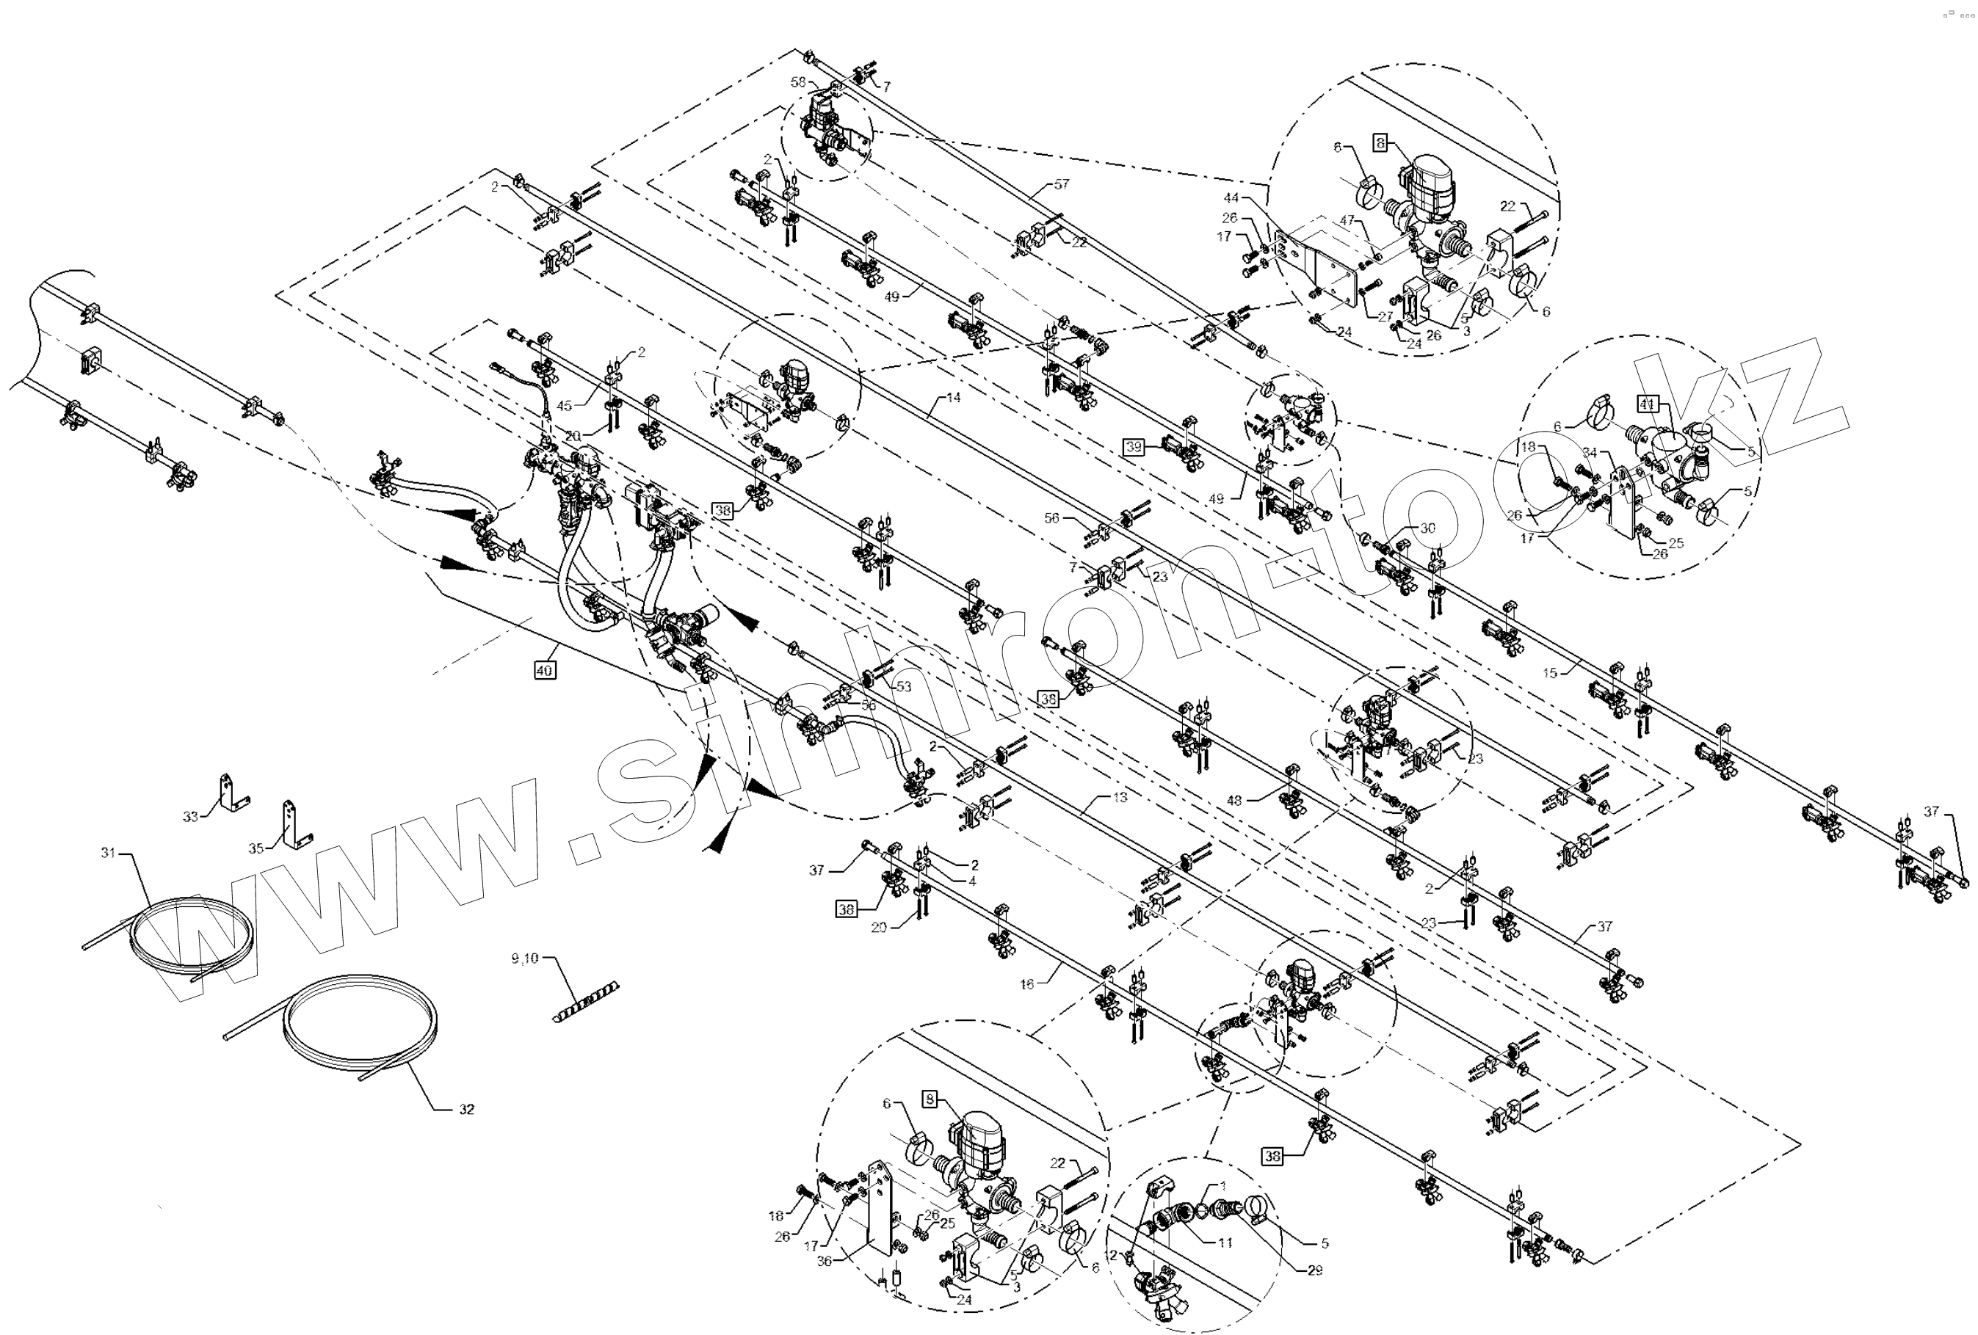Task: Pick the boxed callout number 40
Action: pyautogui.click(x=545, y=671)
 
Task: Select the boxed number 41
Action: pyautogui.click(x=1647, y=404)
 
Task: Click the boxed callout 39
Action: pyautogui.click(x=1133, y=448)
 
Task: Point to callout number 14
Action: pyautogui.click(x=953, y=397)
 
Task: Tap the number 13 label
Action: pyautogui.click(x=1120, y=797)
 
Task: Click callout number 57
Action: pyautogui.click(x=1062, y=183)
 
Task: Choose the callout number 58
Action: pyautogui.click(x=797, y=81)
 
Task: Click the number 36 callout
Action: pyautogui.click(x=824, y=1261)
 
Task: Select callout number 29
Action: pyautogui.click(x=1315, y=1270)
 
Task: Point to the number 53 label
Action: pyautogui.click(x=903, y=685)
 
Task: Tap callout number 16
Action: pyautogui.click(x=1027, y=983)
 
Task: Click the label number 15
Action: pyautogui.click(x=1550, y=673)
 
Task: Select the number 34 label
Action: pyautogui.click(x=1590, y=453)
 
